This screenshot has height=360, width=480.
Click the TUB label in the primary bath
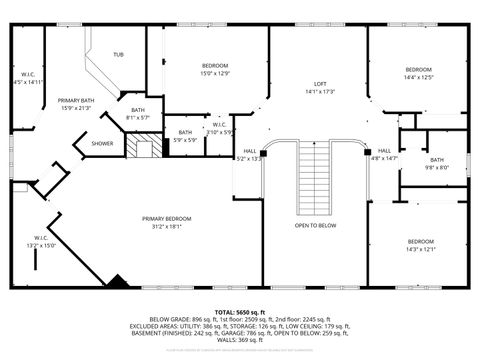pos(119,54)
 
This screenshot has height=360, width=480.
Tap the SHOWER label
pos(103,143)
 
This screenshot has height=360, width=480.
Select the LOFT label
pos(320,83)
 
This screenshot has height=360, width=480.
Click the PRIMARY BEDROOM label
pos(166,218)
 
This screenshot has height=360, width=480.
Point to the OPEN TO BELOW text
pos(315,225)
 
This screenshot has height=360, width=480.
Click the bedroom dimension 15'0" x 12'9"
pos(215,73)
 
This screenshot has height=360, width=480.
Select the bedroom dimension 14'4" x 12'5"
pos(418,76)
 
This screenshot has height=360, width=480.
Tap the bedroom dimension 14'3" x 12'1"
pos(420,249)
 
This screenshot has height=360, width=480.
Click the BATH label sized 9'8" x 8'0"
pos(437,160)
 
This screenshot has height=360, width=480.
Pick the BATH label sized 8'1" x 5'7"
pos(137,110)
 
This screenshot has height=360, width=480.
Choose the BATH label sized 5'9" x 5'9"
pos(185,132)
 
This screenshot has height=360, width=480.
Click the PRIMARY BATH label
pos(75,101)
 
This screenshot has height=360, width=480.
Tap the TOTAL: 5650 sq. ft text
pos(239,313)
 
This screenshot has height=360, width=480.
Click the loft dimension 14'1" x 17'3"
pos(320,91)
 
